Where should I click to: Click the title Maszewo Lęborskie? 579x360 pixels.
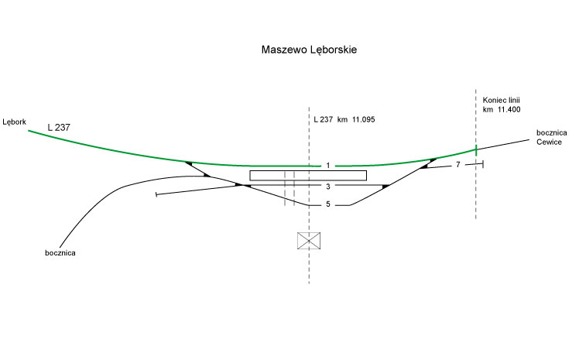309,50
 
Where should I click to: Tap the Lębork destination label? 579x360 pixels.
15,122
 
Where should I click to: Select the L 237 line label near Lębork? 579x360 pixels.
59,128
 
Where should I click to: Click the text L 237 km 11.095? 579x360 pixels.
344,119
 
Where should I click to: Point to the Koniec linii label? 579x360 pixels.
501,100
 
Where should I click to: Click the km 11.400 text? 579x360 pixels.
502,109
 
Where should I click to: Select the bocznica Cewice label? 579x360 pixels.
551,137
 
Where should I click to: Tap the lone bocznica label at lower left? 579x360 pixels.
60,253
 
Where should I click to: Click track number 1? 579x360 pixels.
328,166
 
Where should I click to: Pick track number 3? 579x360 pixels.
328,187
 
